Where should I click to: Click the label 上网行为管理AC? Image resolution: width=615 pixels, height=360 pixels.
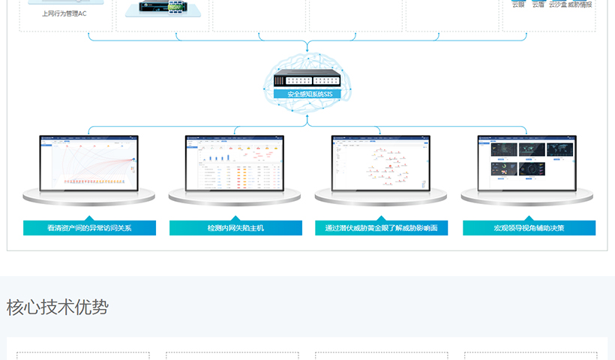pos(64,13)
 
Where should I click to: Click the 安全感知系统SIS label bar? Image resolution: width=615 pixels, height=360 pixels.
pos(307,94)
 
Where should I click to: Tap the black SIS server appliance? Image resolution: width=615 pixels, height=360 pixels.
pos(307,80)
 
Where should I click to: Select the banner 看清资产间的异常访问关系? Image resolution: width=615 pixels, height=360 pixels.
pos(89,228)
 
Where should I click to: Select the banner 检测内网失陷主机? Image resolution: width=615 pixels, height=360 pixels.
pos(235,228)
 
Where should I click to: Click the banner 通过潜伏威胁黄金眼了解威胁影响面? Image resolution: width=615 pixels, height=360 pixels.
pos(381,228)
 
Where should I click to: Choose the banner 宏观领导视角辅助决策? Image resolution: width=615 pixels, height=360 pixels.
pos(529,228)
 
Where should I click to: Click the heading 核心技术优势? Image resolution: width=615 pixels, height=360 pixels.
pos(58,307)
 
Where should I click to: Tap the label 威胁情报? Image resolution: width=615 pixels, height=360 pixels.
pos(580,4)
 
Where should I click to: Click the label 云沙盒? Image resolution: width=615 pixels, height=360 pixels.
pos(558,4)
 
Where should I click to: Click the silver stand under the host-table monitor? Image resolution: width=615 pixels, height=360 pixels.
pos(235,196)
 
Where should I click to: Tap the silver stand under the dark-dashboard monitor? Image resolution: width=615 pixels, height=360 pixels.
pos(527,196)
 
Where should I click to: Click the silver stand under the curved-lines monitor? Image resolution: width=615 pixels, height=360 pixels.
pos(89,196)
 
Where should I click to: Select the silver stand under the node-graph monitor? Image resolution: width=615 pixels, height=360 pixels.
pos(381,196)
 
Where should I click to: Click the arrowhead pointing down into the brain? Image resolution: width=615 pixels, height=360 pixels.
pos(307,49)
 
